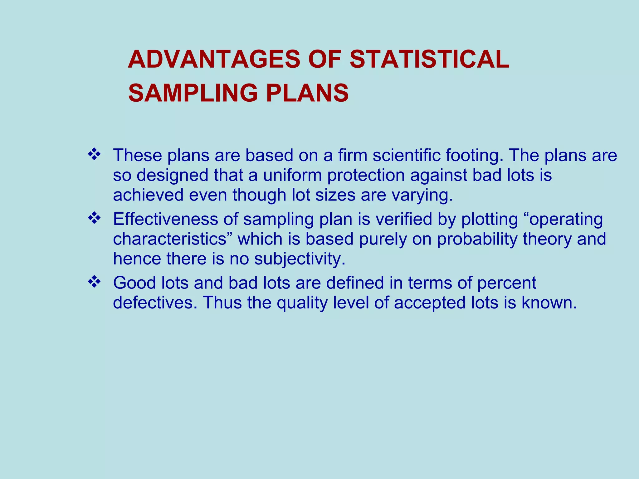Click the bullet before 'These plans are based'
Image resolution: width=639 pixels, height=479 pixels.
point(94,154)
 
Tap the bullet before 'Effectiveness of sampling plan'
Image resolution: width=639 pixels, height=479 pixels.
point(94,218)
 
